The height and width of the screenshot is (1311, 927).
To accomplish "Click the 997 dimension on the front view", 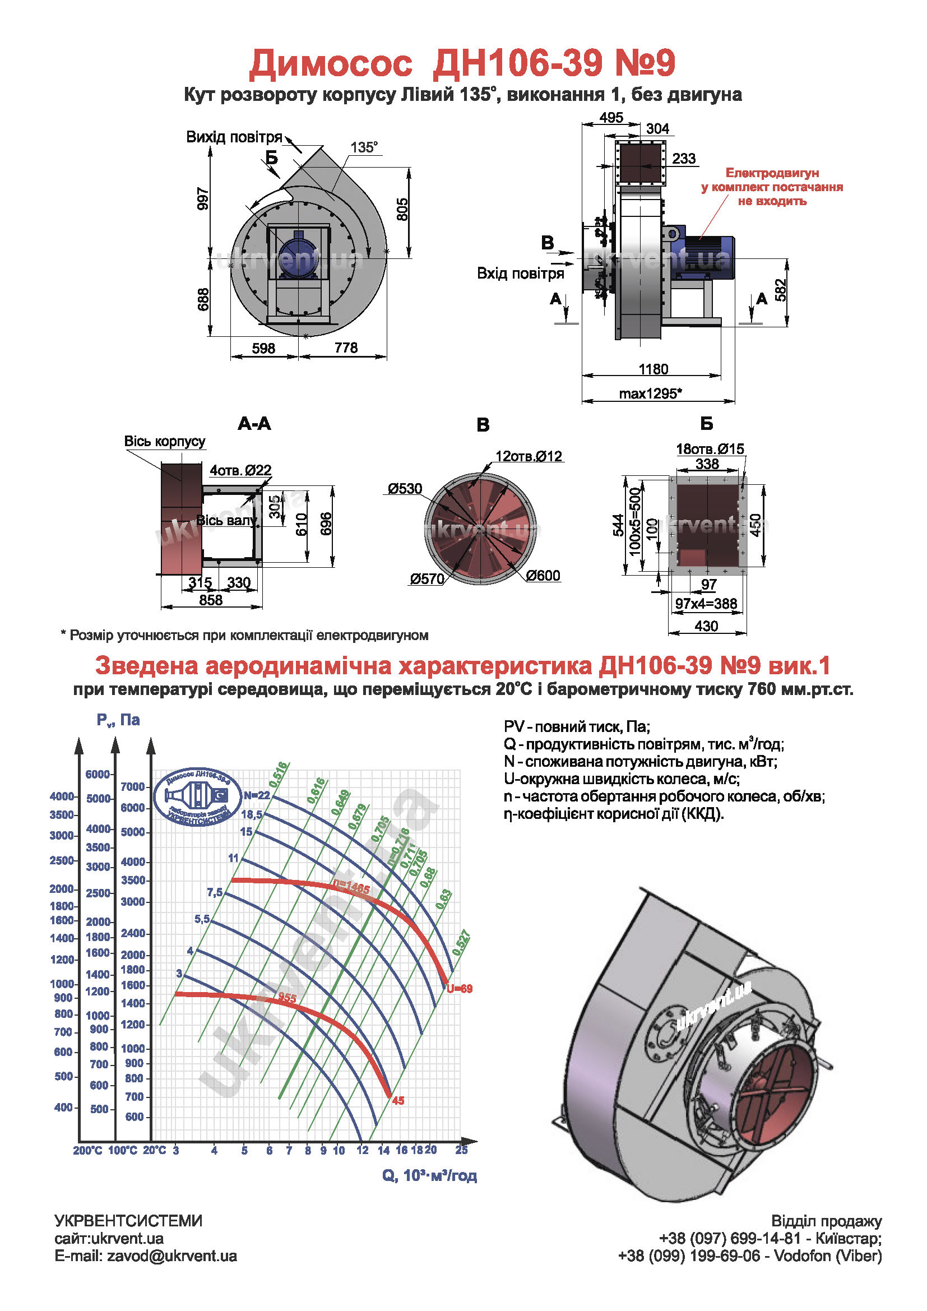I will point(203,198).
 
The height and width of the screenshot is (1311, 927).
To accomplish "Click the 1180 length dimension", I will point(653,369).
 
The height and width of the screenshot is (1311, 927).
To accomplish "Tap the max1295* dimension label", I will point(651,393).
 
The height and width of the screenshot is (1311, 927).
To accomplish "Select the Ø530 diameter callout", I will point(405,488).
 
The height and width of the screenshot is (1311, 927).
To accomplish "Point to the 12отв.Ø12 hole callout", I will point(529,456).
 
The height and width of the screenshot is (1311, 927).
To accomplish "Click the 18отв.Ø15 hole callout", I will point(710,449).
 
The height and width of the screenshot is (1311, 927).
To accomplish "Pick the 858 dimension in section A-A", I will point(211,600).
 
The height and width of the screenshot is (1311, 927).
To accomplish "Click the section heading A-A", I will point(254,424).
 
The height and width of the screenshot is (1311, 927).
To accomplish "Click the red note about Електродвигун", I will point(772,187).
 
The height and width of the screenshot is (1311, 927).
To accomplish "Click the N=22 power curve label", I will point(256,795).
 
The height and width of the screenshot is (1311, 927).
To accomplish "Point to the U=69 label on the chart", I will point(460,988).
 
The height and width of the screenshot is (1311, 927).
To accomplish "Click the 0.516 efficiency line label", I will point(279,775).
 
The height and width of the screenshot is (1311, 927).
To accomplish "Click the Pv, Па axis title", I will point(118,720).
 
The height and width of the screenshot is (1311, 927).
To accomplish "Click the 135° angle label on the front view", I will point(364,147).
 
